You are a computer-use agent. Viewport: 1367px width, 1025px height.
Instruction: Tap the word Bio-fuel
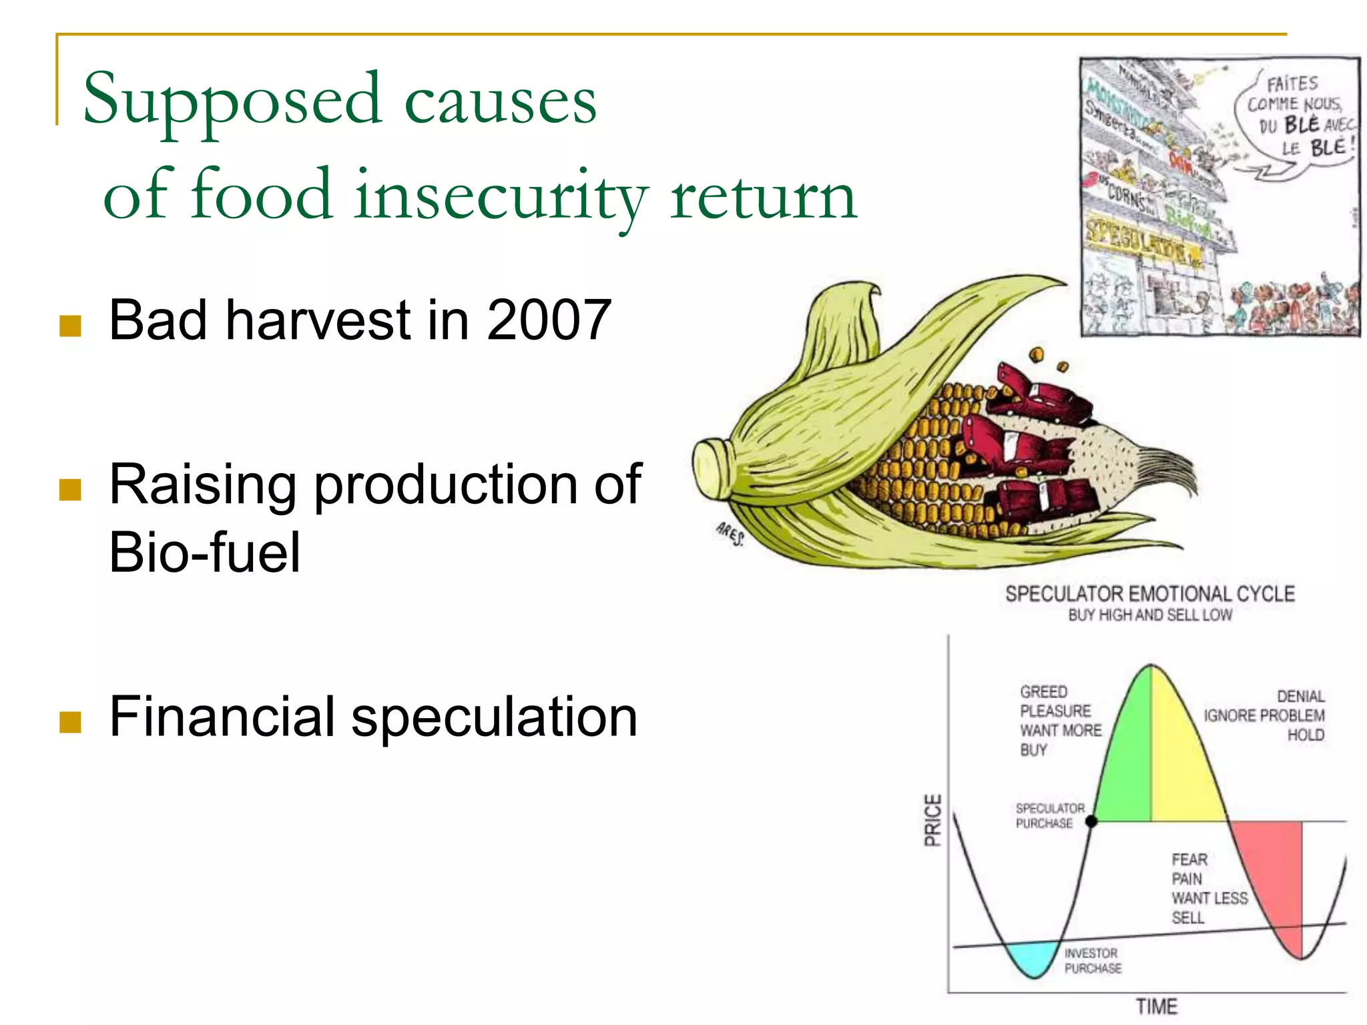click(x=204, y=553)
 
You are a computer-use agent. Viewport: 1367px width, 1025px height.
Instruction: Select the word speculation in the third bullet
click(x=494, y=717)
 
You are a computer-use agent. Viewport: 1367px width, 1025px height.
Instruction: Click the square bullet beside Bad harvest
click(x=70, y=326)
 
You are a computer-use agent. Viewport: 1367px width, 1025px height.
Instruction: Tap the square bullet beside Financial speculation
click(x=70, y=721)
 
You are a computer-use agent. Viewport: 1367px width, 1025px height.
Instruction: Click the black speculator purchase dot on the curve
click(x=1091, y=821)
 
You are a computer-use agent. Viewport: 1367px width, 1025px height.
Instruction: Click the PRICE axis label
click(x=932, y=820)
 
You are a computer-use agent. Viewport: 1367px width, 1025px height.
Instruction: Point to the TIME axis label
click(x=1157, y=1006)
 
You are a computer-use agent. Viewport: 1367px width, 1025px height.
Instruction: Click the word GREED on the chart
click(x=1043, y=692)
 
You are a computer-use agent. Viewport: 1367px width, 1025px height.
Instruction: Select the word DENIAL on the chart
click(x=1300, y=697)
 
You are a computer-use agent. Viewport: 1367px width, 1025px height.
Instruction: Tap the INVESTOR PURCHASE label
click(x=1092, y=960)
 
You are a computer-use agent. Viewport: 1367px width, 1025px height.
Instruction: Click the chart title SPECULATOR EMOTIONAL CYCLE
click(x=1149, y=594)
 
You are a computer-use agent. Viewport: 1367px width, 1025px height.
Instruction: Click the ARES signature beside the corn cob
click(x=730, y=534)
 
